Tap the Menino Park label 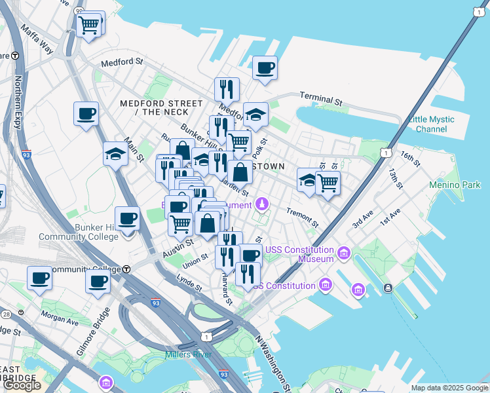click(x=454, y=185)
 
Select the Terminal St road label click(x=321, y=99)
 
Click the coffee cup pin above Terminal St click(x=265, y=68)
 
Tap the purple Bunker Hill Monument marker click(x=262, y=204)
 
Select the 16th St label click(x=410, y=158)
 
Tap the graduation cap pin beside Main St click(x=115, y=155)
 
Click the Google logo click(x=22, y=385)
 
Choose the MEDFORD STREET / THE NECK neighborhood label click(x=161, y=108)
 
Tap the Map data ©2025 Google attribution click(x=449, y=388)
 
